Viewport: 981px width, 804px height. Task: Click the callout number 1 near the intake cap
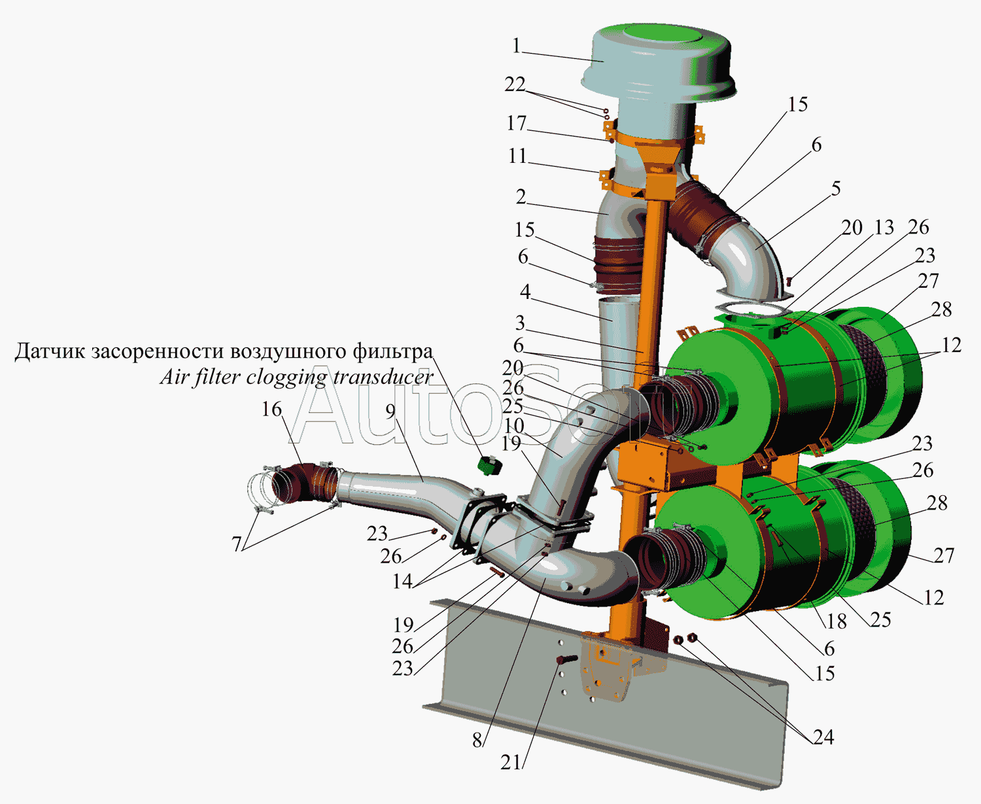point(516,46)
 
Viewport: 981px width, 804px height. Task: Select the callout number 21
point(511,762)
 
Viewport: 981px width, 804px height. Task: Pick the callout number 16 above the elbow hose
point(271,410)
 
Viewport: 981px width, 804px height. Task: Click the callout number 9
point(390,411)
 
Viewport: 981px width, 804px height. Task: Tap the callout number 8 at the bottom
point(477,741)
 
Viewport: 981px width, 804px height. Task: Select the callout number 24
point(823,737)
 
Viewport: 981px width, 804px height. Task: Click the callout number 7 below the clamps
point(237,544)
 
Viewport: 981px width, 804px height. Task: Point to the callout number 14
point(402,582)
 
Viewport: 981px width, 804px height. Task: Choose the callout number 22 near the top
point(515,84)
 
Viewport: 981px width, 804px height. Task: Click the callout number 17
point(516,123)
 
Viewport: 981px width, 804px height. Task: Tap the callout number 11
point(517,156)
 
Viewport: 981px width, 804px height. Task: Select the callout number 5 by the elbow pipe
point(836,189)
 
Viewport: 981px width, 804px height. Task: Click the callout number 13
point(884,228)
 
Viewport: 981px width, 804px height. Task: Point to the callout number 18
point(836,621)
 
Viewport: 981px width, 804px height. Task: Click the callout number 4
point(525,292)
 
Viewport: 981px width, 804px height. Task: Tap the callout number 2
point(521,198)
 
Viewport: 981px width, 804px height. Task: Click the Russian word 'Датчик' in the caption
point(50,351)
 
